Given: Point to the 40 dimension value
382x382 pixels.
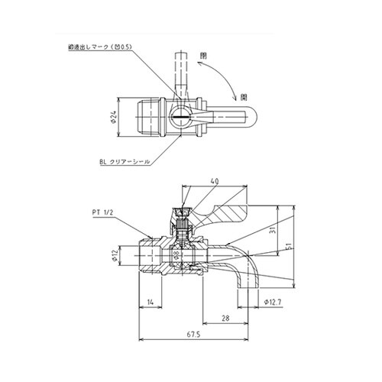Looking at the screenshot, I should [213, 182].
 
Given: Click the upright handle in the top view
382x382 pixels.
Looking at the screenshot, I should [182, 73].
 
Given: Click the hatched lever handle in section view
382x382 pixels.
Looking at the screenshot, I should [229, 212].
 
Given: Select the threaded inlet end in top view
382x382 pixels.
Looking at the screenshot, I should [145, 118].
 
